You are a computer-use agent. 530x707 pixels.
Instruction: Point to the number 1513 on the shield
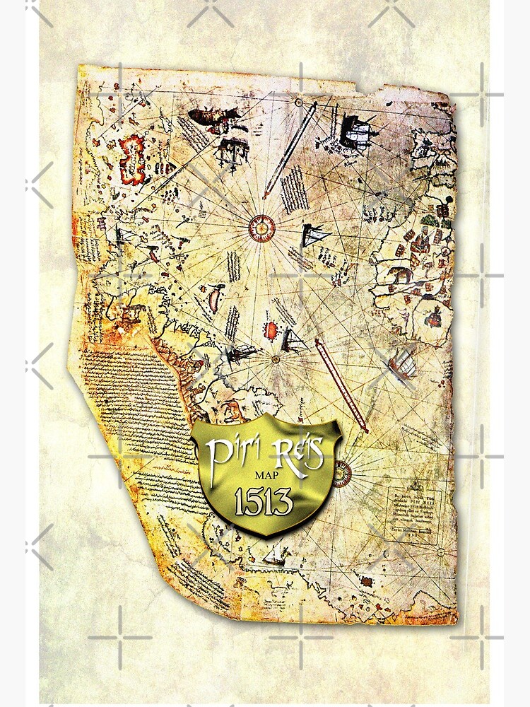[263, 503]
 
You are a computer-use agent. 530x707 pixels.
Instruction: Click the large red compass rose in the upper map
[261, 226]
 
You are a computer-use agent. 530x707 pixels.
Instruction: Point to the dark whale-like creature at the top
[210, 117]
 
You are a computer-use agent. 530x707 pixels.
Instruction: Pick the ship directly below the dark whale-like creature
[231, 150]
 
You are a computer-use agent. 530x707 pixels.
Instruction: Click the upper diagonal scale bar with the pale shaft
[289, 150]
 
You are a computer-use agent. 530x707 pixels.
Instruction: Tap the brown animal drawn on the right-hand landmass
[401, 274]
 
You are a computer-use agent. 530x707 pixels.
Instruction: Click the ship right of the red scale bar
[404, 365]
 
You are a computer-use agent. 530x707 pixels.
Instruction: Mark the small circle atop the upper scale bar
[310, 105]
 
